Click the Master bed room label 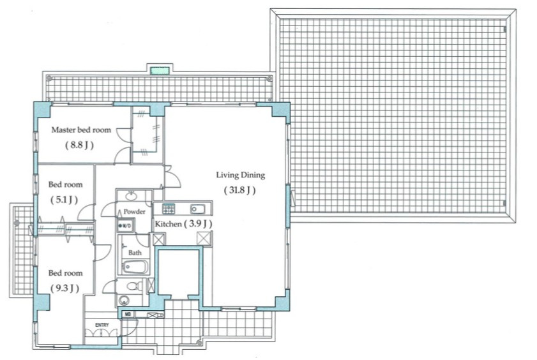click(x=80, y=130)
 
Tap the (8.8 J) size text click(x=79, y=145)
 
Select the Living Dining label click(x=240, y=175)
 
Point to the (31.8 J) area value click(x=240, y=190)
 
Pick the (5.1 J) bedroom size click(x=63, y=199)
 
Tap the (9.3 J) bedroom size click(x=64, y=288)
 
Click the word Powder click(x=135, y=211)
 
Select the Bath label click(x=135, y=253)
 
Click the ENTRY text click(x=102, y=325)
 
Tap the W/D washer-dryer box click(x=125, y=225)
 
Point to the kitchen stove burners click(x=168, y=208)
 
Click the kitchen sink click(x=196, y=209)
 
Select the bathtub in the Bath click(x=135, y=267)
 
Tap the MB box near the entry click(x=128, y=315)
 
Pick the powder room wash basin click(x=132, y=196)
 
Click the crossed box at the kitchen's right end click(x=204, y=239)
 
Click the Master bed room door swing click(x=121, y=153)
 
